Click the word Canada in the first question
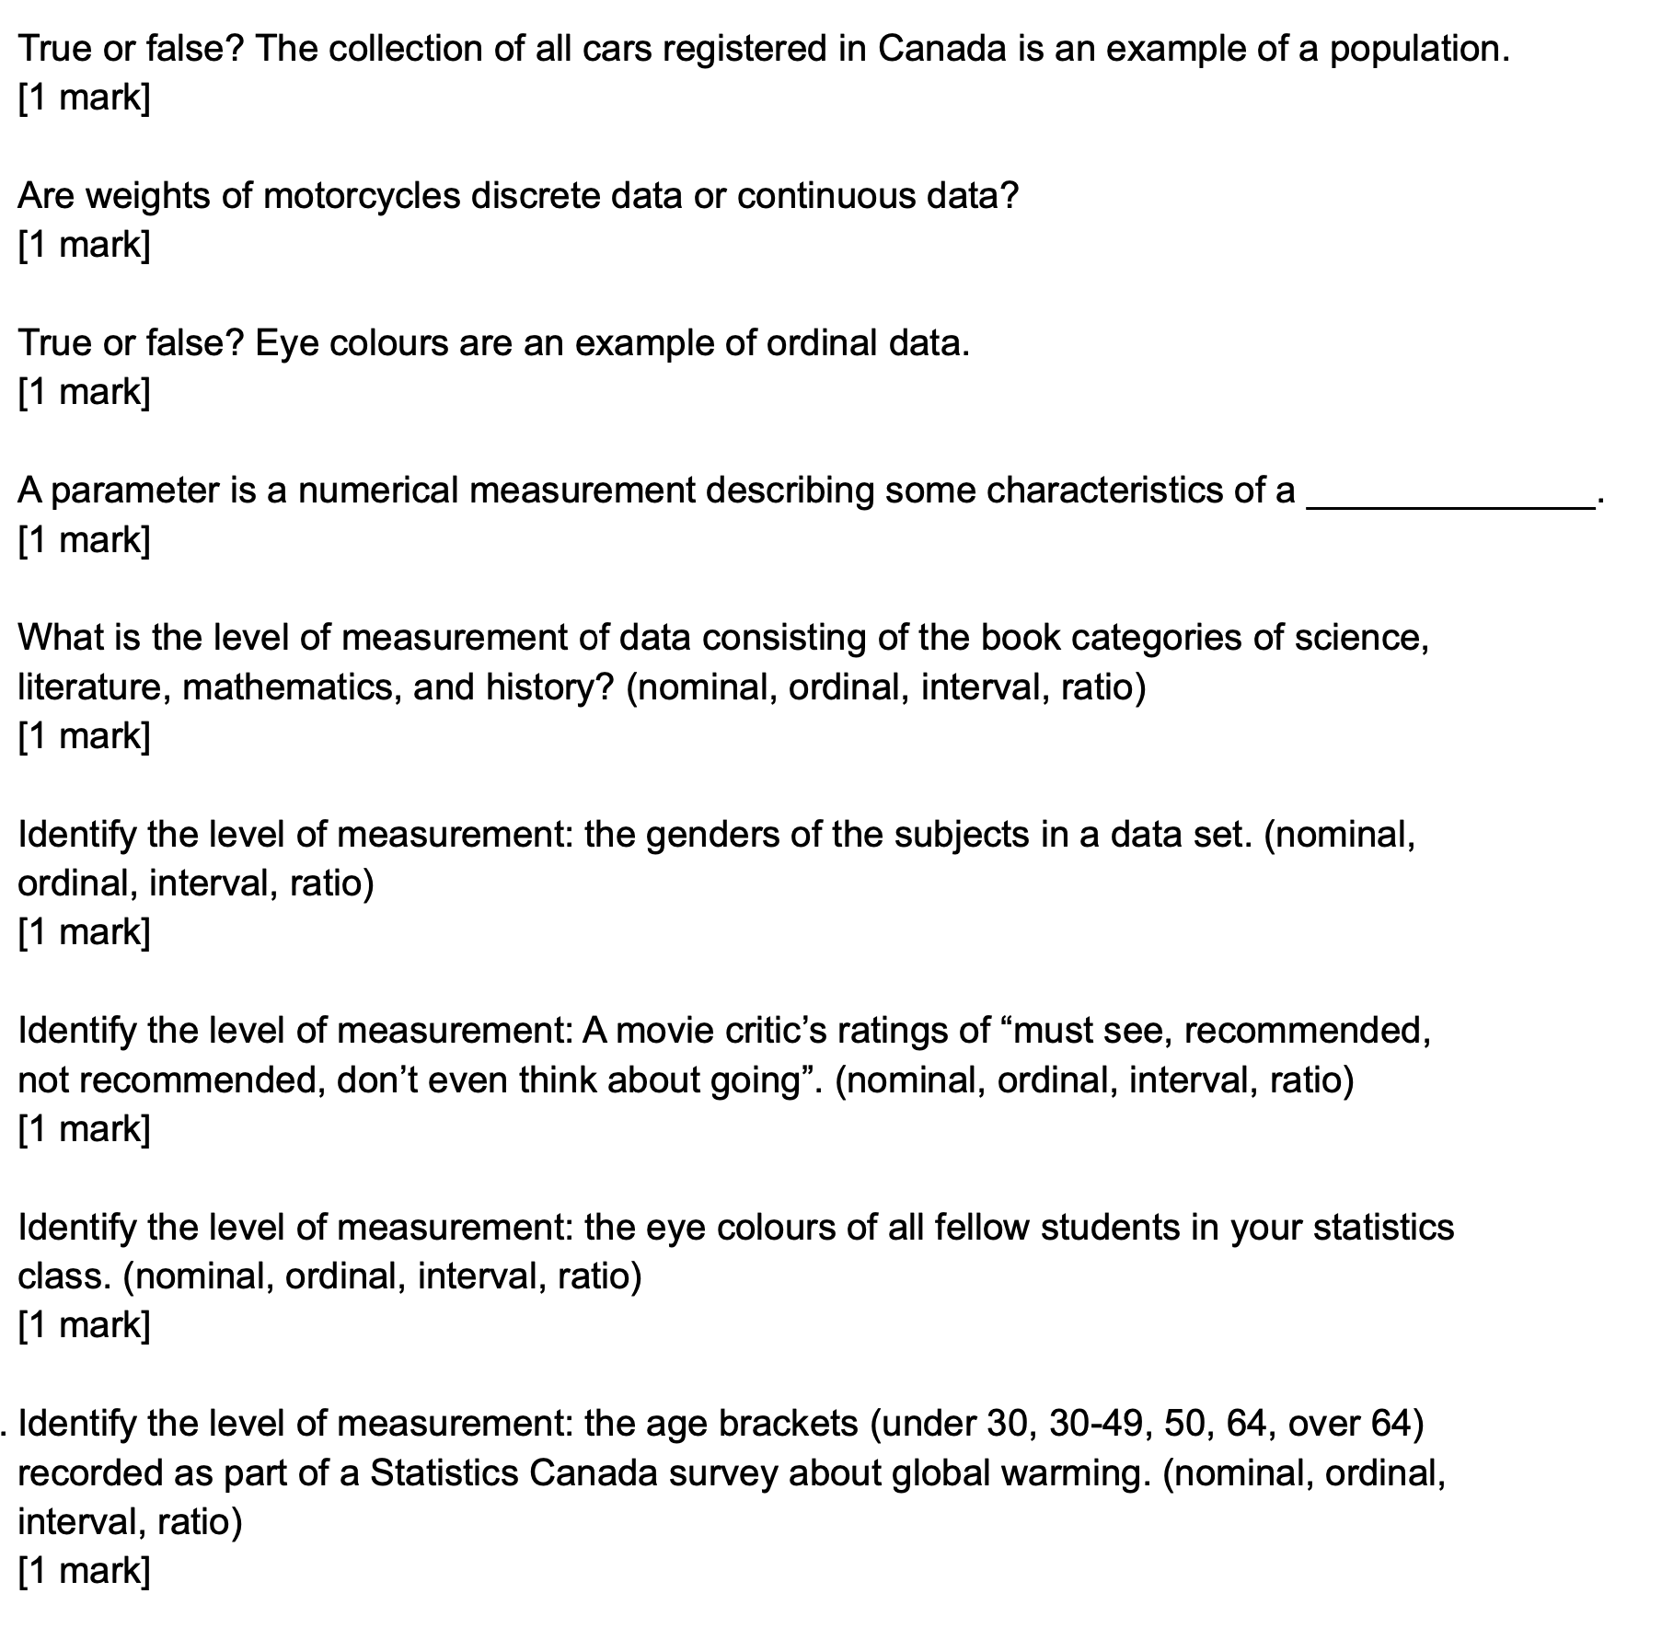coord(941,49)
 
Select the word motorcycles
coord(362,196)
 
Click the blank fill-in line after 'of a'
coord(1450,502)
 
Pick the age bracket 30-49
coord(1096,1424)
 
